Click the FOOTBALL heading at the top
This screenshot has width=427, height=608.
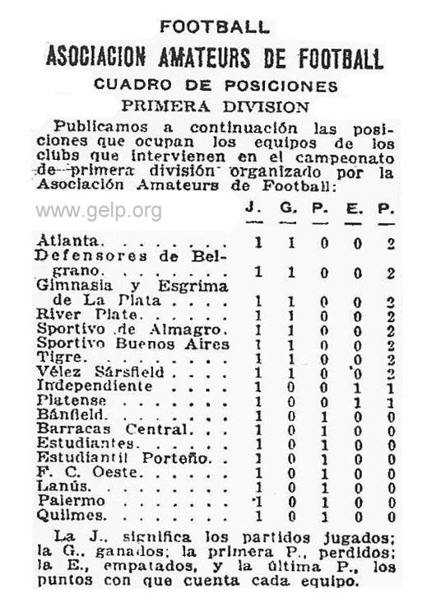tap(214, 26)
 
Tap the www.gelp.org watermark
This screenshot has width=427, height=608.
tap(98, 211)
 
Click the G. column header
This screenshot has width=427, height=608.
tap(289, 207)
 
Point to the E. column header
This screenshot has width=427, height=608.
tap(355, 207)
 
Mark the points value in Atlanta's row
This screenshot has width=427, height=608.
tap(391, 243)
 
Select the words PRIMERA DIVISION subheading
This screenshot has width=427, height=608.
tap(215, 106)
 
